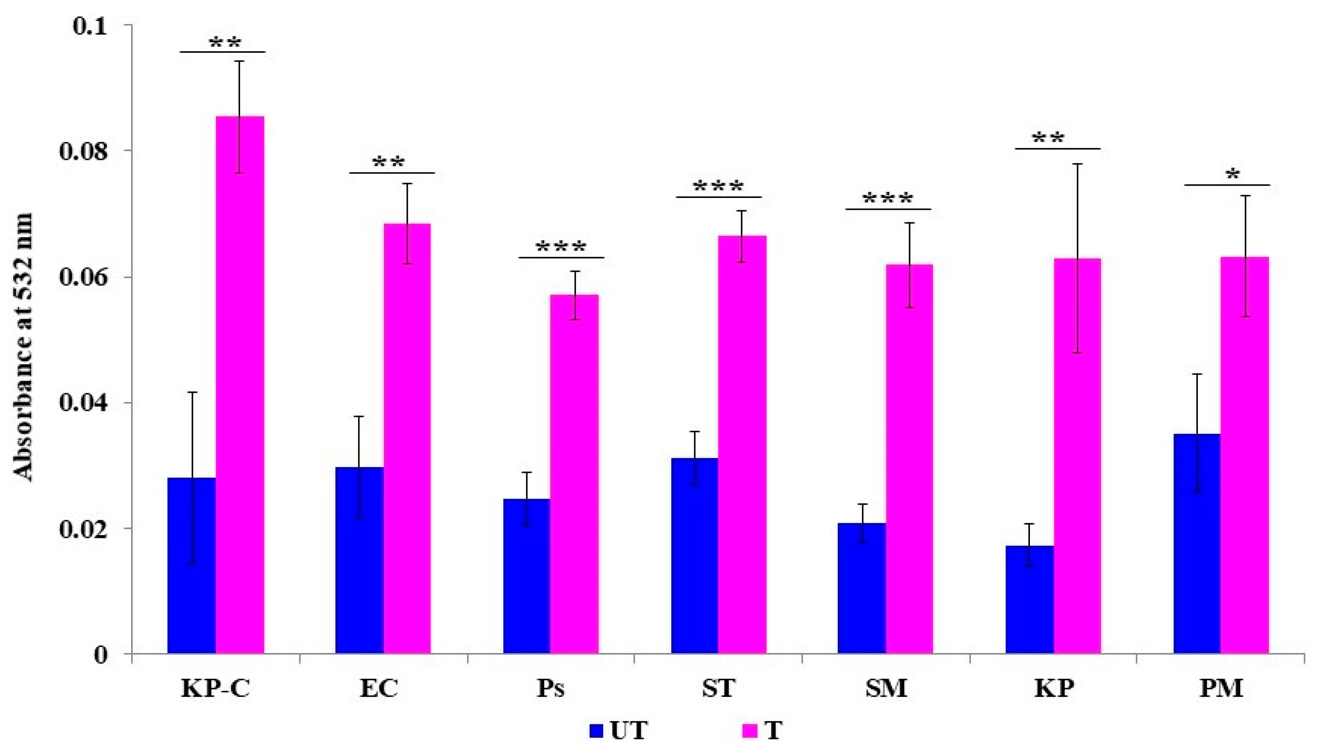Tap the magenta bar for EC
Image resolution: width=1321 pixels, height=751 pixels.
click(407, 438)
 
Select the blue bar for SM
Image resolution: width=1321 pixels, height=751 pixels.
click(862, 588)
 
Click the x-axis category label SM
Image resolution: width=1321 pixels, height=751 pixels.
click(886, 689)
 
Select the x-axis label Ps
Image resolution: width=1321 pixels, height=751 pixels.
click(550, 689)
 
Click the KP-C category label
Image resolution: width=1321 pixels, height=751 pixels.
click(216, 689)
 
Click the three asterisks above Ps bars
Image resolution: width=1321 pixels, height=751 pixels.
click(561, 247)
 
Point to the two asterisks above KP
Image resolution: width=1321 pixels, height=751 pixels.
click(1048, 138)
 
